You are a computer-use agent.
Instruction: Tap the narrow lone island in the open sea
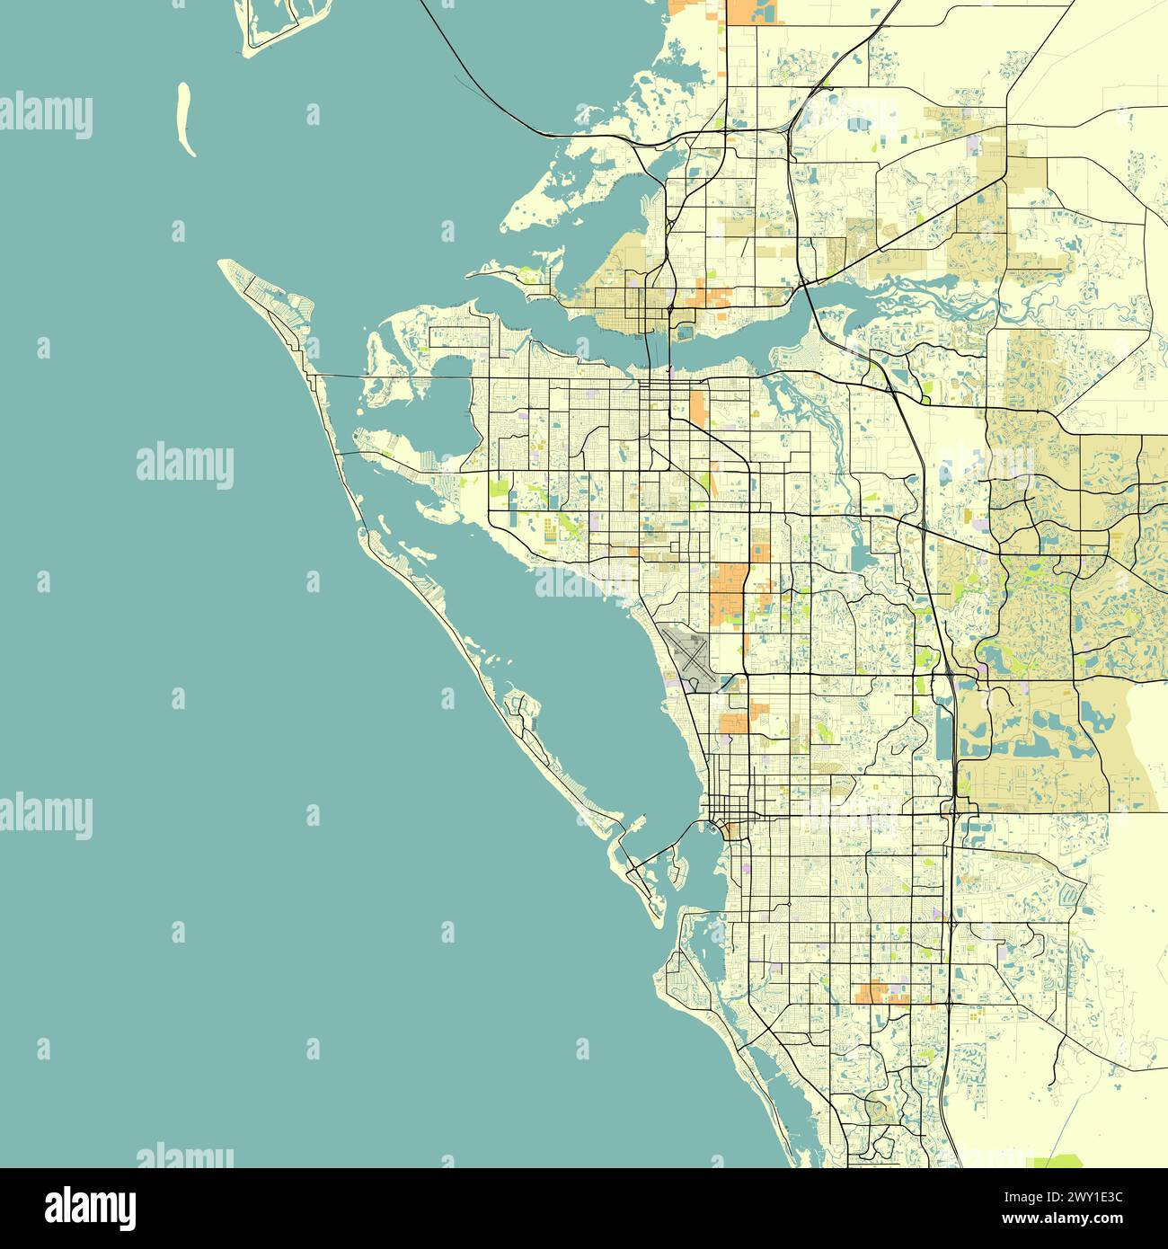click(186, 119)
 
